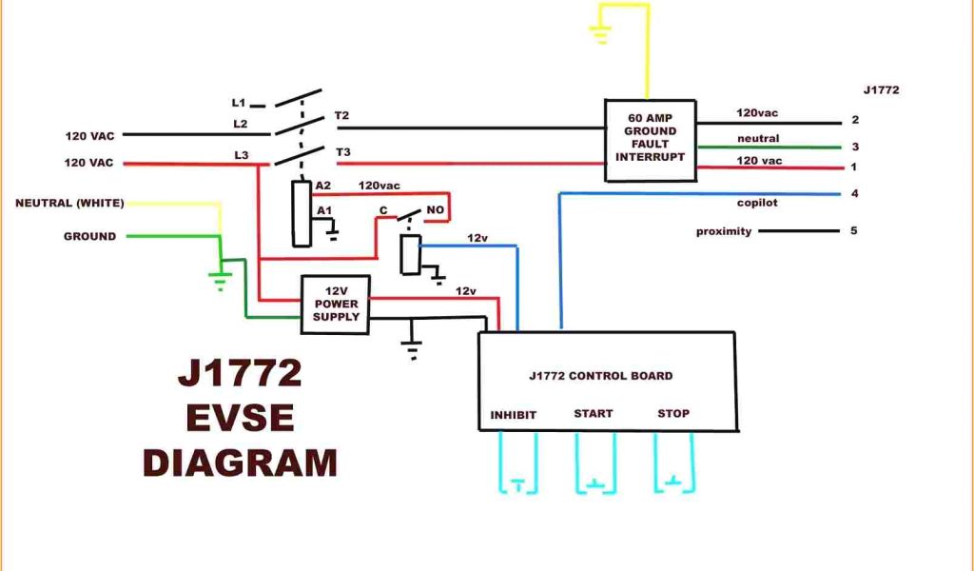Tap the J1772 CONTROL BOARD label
point(600,376)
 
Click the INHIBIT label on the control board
point(514,415)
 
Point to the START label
point(593,414)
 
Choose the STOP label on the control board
point(673,414)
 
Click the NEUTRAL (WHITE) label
point(69,203)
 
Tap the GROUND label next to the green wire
point(89,236)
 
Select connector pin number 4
point(855,194)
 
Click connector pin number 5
point(855,230)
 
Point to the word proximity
point(723,231)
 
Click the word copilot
point(757,203)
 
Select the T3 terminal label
point(342,152)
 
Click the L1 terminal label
point(238,102)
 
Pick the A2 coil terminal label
point(324,186)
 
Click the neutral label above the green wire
point(758,139)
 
